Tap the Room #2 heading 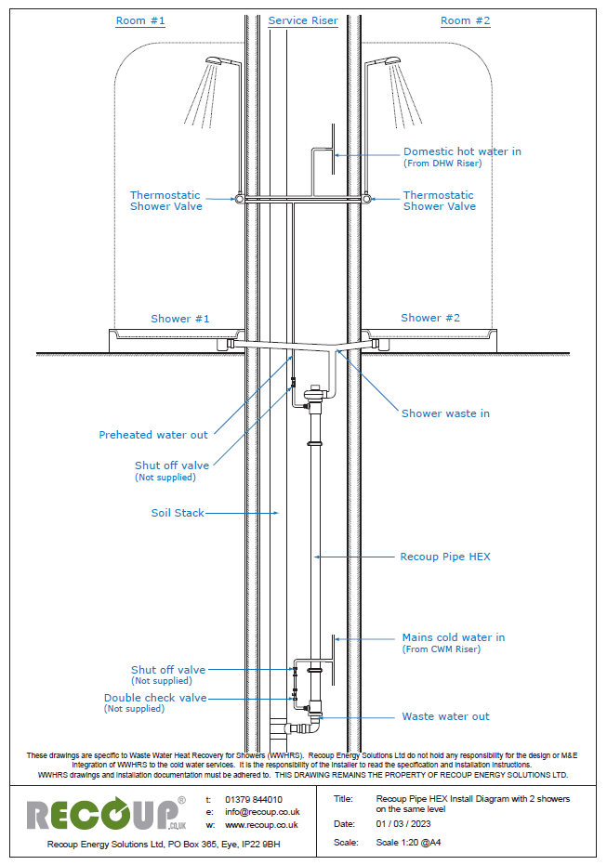click(x=465, y=20)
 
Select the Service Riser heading click(x=302, y=20)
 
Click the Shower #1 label click(x=180, y=319)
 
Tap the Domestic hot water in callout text click(x=462, y=151)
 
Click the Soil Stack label click(x=178, y=513)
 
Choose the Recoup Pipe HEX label click(x=445, y=557)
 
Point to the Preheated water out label click(x=153, y=435)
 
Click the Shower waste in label click(x=445, y=413)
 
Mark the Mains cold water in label click(x=454, y=637)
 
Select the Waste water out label click(x=445, y=716)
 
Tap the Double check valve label click(x=155, y=698)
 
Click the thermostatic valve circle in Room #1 click(x=241, y=199)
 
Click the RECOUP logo click(x=104, y=815)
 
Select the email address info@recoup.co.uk click(x=262, y=812)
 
